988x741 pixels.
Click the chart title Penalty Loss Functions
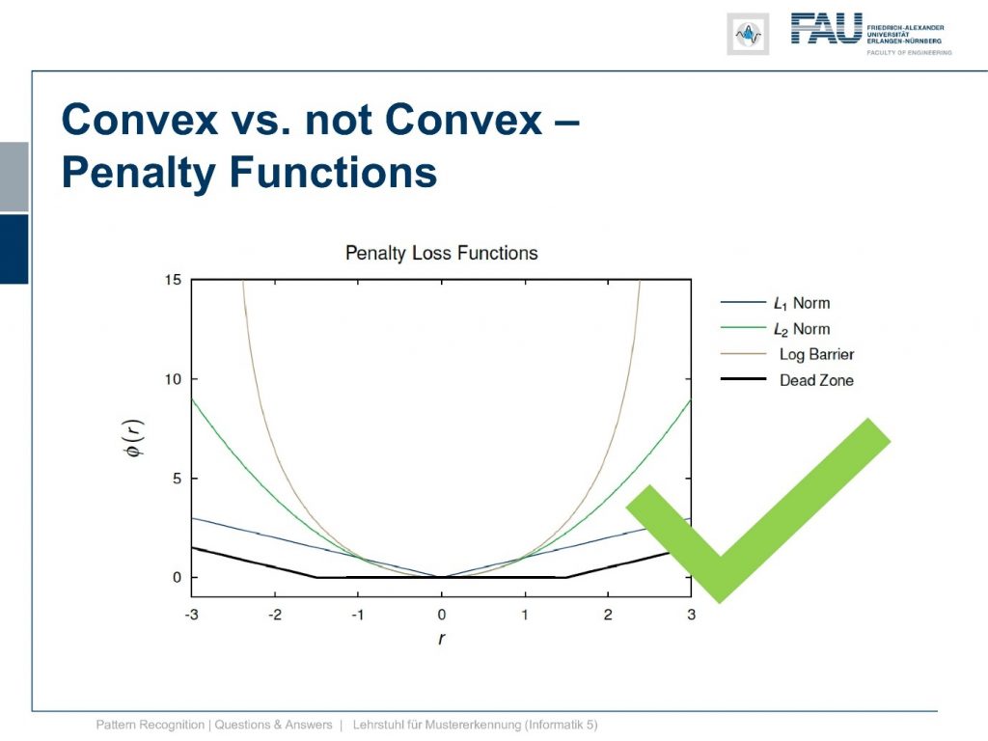[x=442, y=254]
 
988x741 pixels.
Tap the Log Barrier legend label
[x=816, y=355]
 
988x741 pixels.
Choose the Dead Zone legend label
[x=816, y=380]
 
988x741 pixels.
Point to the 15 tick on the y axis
[x=173, y=280]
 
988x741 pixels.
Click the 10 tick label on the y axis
[x=173, y=379]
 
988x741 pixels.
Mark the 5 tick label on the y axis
[x=177, y=479]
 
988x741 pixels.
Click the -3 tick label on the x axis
[x=192, y=615]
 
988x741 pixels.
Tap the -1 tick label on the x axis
[x=358, y=615]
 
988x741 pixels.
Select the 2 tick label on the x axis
[x=608, y=615]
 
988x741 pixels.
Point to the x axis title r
[x=441, y=639]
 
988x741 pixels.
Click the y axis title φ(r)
[x=134, y=438]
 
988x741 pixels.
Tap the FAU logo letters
[x=826, y=29]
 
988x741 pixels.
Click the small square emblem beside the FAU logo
[x=748, y=34]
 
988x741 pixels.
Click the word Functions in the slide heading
[x=333, y=172]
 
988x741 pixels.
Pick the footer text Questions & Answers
[x=273, y=725]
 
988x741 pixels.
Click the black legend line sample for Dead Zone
[x=744, y=379]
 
